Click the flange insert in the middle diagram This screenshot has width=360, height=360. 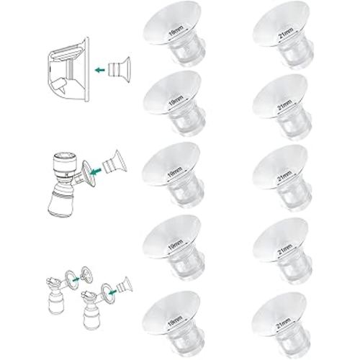106,163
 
